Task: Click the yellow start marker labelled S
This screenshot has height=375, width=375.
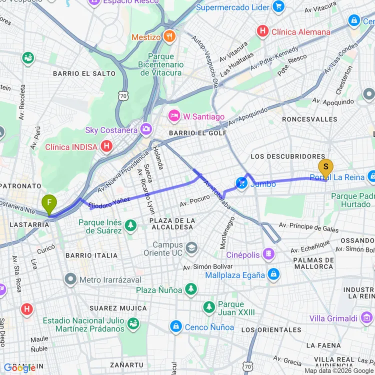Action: [325, 166]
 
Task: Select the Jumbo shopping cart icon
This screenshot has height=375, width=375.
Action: [242, 183]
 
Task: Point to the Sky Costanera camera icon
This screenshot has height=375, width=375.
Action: [146, 129]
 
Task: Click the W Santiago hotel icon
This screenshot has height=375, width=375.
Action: [174, 116]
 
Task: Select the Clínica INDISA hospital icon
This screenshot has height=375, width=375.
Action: [106, 146]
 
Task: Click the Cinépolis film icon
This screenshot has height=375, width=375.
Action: [269, 254]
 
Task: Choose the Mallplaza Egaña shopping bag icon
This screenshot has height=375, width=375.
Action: [273, 274]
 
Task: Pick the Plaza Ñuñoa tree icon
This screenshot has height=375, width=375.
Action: [190, 289]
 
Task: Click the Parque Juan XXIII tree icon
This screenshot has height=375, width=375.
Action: [209, 307]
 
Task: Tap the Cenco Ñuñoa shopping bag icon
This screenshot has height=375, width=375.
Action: [175, 327]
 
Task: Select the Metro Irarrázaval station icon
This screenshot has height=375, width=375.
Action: [70, 279]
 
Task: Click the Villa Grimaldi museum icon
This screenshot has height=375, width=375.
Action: [368, 317]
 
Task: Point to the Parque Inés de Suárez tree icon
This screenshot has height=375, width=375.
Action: [130, 226]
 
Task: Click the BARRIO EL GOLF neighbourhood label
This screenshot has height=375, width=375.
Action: [197, 133]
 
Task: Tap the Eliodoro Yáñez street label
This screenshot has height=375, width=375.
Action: [109, 202]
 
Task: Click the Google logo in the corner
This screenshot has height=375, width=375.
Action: [18, 367]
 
